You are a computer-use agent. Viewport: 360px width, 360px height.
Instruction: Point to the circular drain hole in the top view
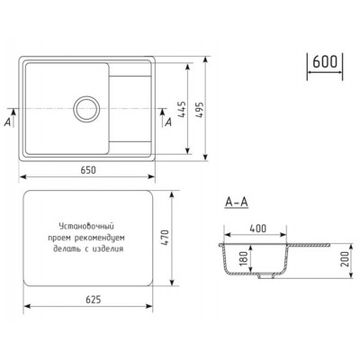88,108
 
